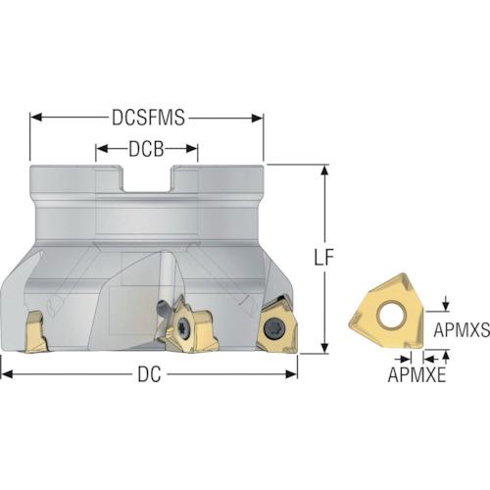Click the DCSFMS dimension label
click(148, 118)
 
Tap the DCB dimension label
click(146, 149)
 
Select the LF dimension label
click(324, 257)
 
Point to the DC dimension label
click(149, 374)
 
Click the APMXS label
click(462, 329)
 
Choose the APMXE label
click(416, 374)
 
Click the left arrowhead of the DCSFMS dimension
click(36, 118)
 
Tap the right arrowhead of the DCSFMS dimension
click(258, 118)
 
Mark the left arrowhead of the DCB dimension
click(102, 149)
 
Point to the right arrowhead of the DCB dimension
click(192, 149)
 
